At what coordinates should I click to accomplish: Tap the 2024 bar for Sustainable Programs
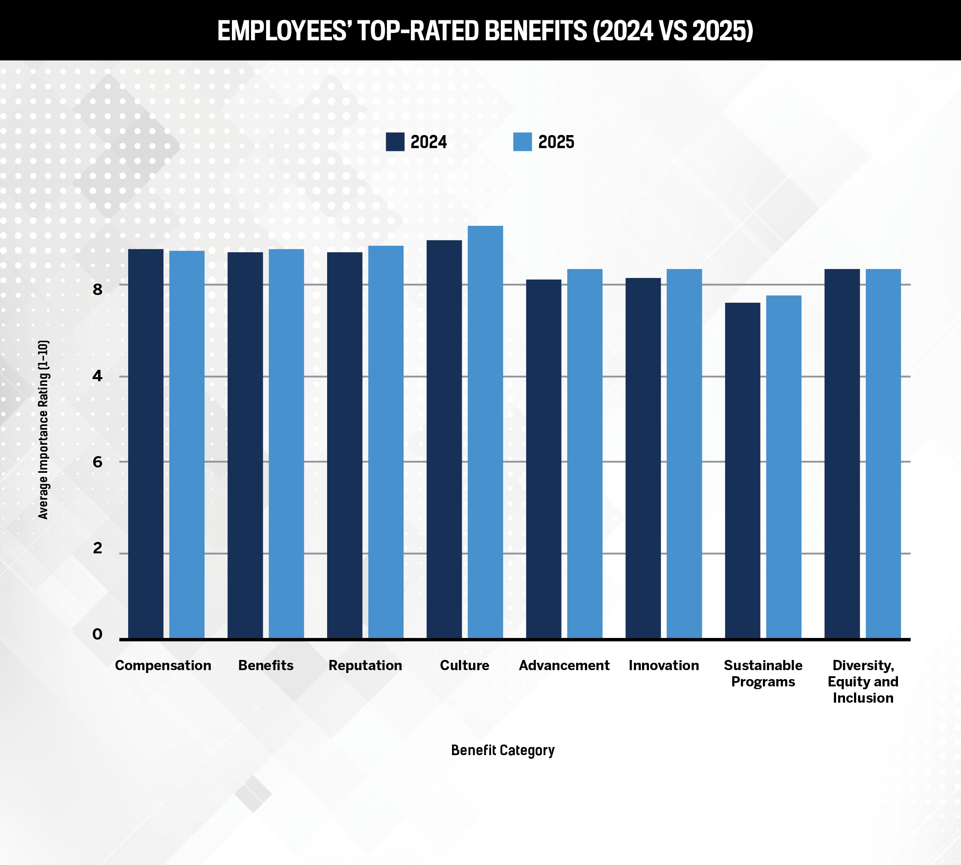[x=743, y=470]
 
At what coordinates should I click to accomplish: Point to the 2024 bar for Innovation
[x=643, y=458]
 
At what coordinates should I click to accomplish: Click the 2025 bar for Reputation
[x=386, y=442]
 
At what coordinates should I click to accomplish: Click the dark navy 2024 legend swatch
[x=395, y=142]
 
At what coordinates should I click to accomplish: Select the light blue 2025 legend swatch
[x=522, y=142]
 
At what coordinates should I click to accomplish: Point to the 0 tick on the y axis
[x=97, y=634]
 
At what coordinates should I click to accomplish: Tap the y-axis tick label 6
[x=97, y=461]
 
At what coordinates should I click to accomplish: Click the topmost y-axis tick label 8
[x=97, y=289]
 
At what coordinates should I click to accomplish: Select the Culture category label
[x=464, y=665]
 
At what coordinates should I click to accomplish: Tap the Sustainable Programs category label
[x=763, y=673]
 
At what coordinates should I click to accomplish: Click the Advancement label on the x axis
[x=564, y=665]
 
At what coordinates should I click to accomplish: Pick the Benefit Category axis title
[x=502, y=750]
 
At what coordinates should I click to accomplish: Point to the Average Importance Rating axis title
[x=43, y=430]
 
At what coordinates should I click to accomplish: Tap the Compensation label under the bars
[x=163, y=665]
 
